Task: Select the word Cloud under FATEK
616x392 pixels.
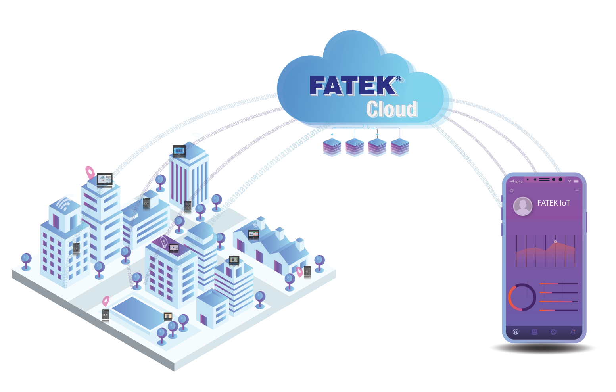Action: point(391,109)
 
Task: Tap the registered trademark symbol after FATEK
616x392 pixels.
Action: point(398,79)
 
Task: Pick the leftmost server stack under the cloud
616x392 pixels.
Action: point(332,147)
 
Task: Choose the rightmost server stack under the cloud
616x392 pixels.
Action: point(399,147)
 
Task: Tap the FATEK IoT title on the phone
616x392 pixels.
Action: point(553,203)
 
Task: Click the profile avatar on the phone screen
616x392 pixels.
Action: point(523,206)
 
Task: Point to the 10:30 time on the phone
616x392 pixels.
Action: point(519,182)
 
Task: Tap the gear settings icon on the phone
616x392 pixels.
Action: point(512,191)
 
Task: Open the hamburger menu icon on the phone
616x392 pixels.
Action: point(577,190)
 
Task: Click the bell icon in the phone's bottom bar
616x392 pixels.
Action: point(573,332)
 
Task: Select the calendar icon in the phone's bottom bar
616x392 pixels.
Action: point(535,332)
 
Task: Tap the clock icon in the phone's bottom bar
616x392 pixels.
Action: point(553,332)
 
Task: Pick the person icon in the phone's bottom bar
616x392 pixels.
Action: point(516,332)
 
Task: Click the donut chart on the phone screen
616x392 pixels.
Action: point(522,297)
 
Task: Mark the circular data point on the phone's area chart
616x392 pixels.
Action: point(555,242)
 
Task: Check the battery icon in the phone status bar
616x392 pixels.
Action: point(576,181)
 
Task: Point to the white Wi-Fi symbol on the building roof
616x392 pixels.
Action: point(63,204)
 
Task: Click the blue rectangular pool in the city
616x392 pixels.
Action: point(139,311)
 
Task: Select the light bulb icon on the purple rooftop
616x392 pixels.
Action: point(164,241)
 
